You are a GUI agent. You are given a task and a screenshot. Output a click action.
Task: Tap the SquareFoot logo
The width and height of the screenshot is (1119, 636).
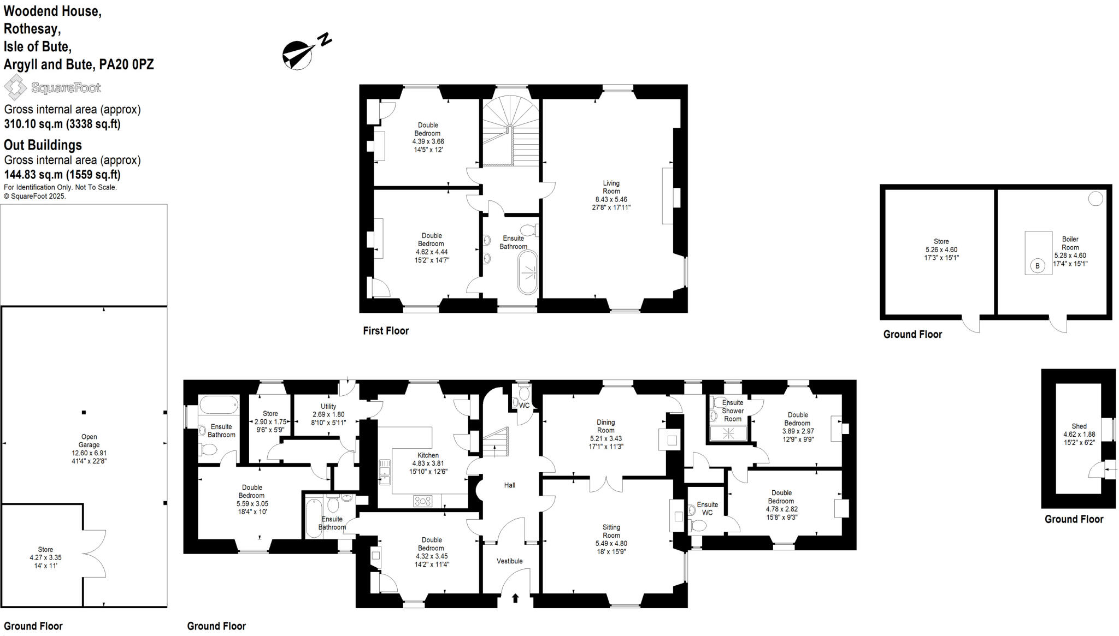click(x=52, y=87)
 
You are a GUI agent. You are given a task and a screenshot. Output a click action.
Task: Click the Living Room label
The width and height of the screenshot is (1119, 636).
click(x=611, y=187)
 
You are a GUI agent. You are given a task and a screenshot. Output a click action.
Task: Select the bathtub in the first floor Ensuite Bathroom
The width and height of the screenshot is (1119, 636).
click(x=528, y=272)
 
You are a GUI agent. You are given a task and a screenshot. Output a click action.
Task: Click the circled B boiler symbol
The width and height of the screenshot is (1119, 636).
click(x=1037, y=266)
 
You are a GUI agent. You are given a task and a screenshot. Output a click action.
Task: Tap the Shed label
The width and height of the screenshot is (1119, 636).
click(x=1079, y=426)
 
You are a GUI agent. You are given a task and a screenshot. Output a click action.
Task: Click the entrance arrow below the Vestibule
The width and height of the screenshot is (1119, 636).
click(x=515, y=598)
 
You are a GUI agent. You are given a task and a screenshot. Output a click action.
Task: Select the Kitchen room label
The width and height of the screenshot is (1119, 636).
click(x=428, y=455)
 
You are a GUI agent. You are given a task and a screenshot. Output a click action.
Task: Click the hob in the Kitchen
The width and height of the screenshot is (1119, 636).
click(x=422, y=500)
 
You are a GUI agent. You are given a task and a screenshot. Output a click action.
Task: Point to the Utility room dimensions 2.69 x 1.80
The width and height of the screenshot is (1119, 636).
click(x=328, y=414)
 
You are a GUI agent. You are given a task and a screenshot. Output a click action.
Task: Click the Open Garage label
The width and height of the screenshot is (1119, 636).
click(x=89, y=441)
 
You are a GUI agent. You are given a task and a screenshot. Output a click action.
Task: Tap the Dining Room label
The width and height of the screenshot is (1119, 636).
click(x=605, y=426)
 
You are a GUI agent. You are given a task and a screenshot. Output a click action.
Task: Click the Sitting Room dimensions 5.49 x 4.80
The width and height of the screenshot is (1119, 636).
click(x=611, y=544)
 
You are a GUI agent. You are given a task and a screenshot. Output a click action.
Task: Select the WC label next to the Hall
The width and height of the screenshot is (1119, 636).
click(x=524, y=406)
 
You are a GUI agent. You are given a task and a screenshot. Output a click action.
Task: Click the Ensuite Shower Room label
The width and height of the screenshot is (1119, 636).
click(x=733, y=411)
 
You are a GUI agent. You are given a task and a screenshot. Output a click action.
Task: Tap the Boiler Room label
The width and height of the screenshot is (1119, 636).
click(x=1070, y=243)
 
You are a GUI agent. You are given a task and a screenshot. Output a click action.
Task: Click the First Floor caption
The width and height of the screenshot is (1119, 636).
click(x=386, y=330)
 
